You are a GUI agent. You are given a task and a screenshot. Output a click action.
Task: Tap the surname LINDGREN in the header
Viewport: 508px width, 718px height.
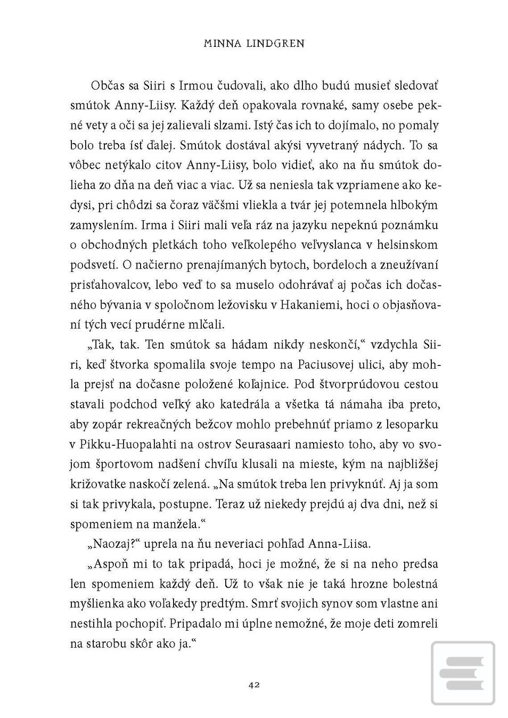[275, 44]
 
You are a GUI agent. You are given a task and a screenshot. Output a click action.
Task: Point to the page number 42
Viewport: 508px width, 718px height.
[254, 685]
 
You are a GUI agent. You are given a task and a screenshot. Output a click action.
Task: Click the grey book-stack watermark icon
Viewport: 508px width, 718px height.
[462, 673]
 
